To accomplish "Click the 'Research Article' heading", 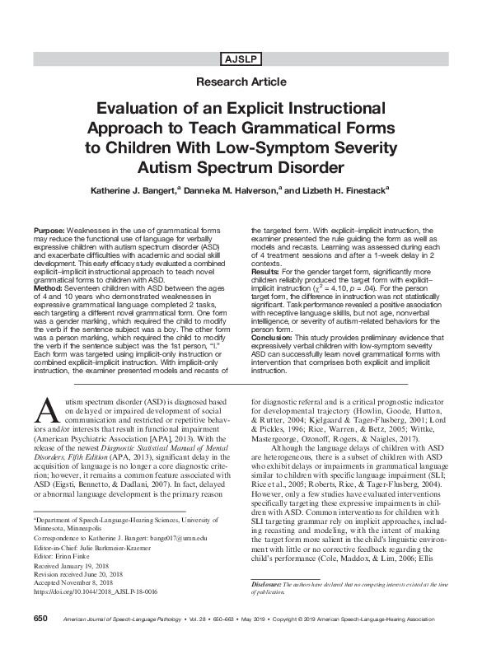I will point(241,82).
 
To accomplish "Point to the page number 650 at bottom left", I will point(41,618).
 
